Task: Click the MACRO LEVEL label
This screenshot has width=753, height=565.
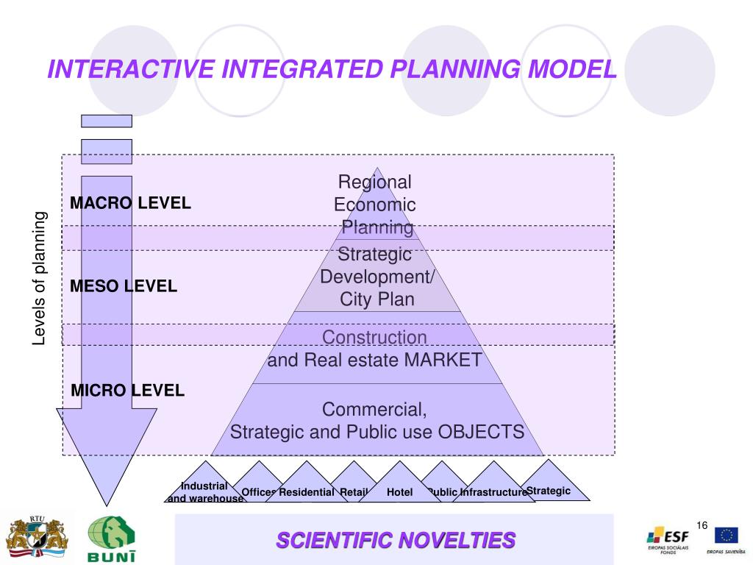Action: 130,203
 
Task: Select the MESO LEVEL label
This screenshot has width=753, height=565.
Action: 124,286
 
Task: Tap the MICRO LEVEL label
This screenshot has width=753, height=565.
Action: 127,391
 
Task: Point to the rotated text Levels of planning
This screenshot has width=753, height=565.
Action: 40,278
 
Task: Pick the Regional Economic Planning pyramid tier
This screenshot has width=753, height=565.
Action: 375,204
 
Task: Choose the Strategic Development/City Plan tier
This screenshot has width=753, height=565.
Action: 376,277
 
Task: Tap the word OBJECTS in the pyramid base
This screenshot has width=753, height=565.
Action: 481,432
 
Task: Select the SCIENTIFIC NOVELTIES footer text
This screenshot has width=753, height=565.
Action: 396,541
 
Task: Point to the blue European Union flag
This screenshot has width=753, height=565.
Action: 726,535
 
